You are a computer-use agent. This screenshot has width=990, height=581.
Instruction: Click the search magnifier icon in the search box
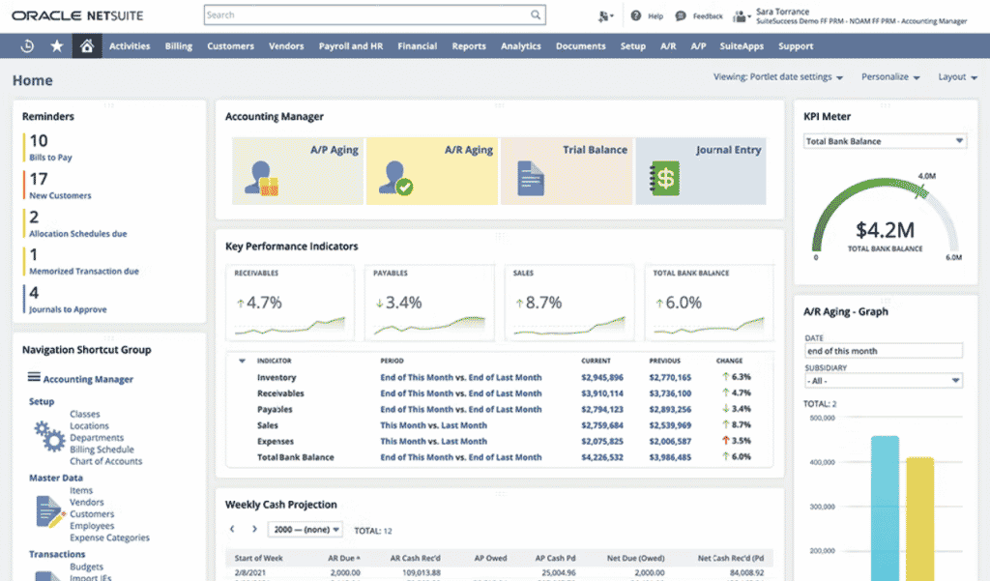535,15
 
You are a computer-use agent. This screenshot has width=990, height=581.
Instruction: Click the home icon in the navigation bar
86,45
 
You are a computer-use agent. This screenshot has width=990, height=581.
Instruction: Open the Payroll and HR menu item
350,45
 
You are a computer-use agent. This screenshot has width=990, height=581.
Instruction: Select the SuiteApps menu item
742,45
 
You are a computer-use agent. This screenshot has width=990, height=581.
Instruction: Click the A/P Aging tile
298,170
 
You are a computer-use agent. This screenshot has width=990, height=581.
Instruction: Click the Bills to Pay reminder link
50,158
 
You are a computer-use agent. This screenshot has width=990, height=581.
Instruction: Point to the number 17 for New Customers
39,179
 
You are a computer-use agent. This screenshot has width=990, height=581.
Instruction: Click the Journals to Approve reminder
68,309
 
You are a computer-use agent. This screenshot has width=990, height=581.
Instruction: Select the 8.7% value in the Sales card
542,303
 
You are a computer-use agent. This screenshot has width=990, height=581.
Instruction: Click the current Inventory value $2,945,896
602,378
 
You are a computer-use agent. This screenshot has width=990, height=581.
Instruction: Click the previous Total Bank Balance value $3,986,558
670,457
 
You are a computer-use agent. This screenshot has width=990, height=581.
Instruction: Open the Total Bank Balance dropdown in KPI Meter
885,141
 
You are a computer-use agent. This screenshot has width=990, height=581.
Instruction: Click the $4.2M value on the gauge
886,230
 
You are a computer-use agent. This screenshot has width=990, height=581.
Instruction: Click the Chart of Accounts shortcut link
105,461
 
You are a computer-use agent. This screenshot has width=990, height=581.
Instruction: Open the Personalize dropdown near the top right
889,77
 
